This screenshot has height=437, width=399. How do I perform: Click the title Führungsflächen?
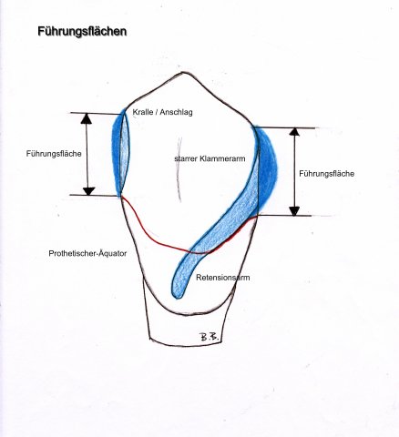82,32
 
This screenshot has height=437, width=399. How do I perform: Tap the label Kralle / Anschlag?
162,112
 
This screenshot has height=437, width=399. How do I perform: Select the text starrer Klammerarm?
210,158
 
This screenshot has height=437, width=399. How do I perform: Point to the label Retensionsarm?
223,278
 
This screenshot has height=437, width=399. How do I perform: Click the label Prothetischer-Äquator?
87,253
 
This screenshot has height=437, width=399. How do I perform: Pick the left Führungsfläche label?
54,154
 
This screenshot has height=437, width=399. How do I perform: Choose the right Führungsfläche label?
327,174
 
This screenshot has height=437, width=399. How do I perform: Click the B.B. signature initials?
210,337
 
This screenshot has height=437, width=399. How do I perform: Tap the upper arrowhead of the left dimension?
87,118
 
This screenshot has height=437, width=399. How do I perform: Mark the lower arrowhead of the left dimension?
88,191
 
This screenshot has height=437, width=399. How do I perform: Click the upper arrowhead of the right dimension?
294,132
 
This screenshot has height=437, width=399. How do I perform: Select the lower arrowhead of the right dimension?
294,211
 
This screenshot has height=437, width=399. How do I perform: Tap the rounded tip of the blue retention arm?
177,294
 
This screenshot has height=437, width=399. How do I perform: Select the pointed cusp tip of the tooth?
182,73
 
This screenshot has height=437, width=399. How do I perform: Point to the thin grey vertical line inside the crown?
179,170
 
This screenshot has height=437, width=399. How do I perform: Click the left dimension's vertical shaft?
87,155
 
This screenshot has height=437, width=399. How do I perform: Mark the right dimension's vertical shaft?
294,171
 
